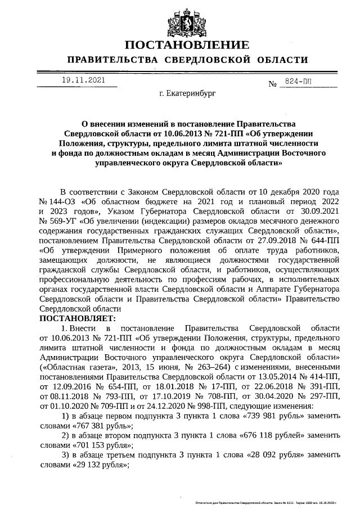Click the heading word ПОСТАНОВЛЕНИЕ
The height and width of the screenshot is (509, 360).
click(186, 45)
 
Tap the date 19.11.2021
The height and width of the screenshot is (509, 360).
click(83, 80)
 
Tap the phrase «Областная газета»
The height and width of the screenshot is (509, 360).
click(76, 367)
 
